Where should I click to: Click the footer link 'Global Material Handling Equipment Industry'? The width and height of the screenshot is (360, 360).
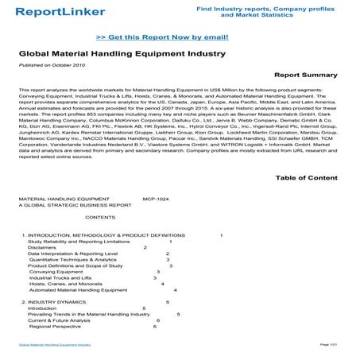[55, 346]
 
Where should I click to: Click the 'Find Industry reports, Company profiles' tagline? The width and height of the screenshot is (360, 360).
[295, 6]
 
